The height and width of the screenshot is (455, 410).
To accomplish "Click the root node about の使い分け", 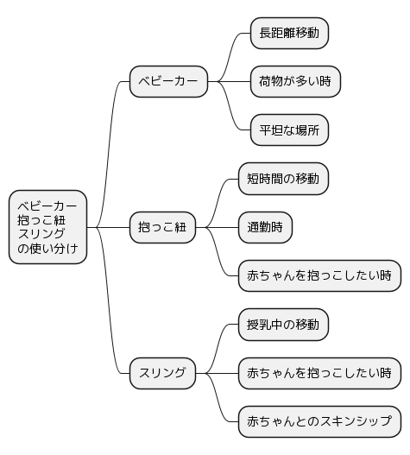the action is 47,227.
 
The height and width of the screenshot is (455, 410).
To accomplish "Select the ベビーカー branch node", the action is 168,81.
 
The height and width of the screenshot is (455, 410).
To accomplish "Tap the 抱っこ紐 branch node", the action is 162,227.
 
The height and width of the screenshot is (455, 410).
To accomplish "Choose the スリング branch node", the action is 162,373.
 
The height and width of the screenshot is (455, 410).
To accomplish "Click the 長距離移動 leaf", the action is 289,33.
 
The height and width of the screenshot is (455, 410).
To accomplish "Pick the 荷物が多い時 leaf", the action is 295,81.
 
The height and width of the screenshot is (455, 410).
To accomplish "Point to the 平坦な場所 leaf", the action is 289,130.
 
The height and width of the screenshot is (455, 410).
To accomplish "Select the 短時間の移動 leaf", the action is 283,179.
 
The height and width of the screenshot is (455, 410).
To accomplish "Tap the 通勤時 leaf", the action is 265,227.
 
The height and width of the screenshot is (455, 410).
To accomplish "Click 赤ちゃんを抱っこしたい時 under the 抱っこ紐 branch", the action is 319,275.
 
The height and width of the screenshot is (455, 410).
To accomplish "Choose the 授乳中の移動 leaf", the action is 283,325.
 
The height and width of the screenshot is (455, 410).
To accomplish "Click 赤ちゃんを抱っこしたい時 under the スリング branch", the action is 319,373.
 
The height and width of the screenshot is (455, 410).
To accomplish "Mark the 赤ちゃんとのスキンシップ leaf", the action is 319,421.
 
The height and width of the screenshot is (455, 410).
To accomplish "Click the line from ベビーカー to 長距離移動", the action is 230,57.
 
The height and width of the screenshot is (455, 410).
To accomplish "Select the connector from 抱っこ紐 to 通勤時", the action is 217,228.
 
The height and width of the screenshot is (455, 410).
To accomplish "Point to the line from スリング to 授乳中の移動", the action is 217,349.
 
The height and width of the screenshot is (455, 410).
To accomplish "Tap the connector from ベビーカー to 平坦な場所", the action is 230,105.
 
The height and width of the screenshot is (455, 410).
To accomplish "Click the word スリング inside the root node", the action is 41,234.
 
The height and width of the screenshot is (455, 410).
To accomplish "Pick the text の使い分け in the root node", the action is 47,249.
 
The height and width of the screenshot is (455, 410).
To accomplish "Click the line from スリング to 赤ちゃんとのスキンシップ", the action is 217,397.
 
